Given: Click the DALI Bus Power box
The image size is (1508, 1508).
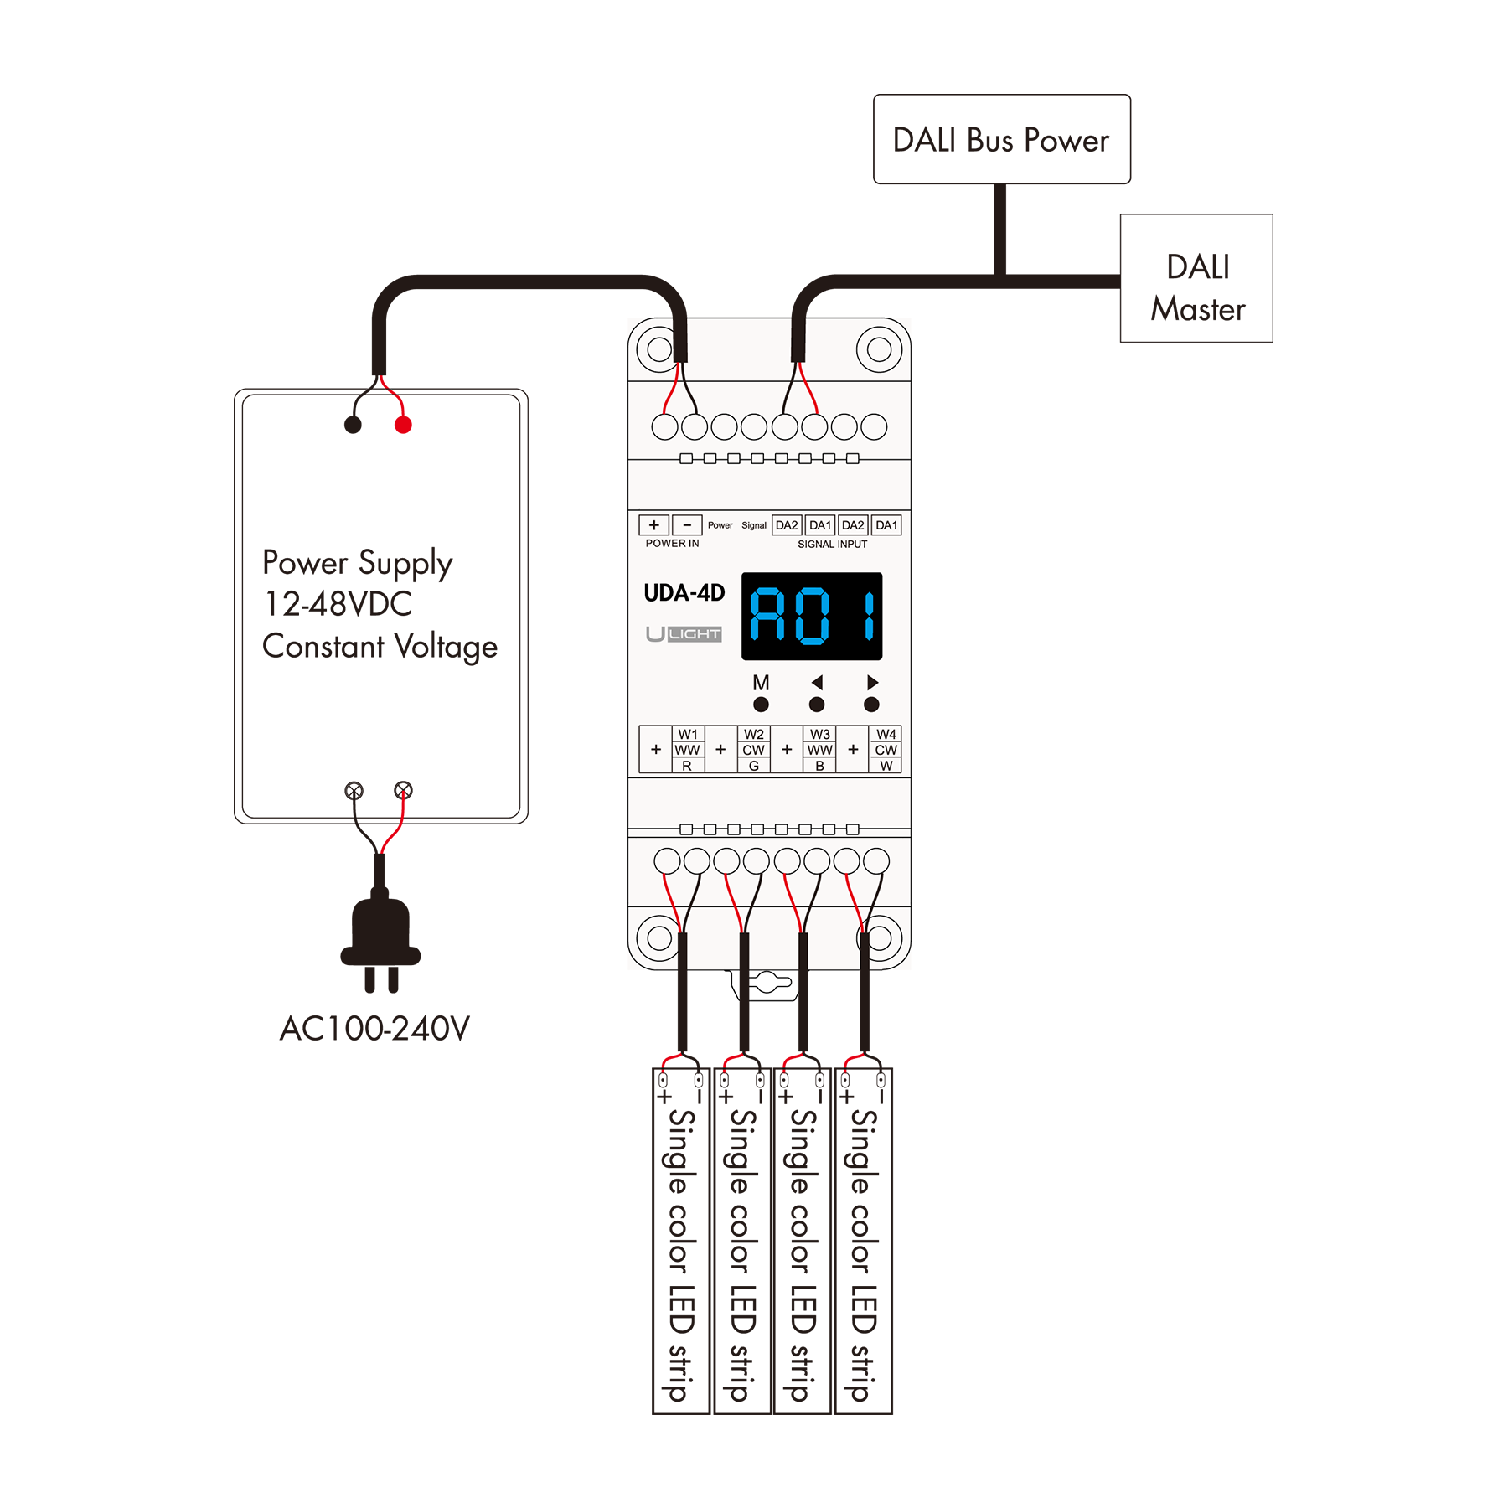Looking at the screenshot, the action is [1001, 139].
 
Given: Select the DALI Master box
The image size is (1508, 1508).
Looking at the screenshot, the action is [1196, 278].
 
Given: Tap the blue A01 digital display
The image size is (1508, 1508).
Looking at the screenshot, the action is [812, 616].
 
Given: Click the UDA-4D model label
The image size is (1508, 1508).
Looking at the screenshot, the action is [684, 593].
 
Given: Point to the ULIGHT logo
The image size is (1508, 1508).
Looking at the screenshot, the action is [684, 633].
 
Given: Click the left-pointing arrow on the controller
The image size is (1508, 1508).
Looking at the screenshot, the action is [817, 682].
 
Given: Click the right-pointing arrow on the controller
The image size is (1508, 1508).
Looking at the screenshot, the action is [872, 682].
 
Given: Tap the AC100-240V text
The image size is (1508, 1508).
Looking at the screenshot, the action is [375, 1028].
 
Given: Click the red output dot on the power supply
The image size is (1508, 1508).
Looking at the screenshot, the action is [403, 425].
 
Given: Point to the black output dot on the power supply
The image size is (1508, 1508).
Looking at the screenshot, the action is [353, 425].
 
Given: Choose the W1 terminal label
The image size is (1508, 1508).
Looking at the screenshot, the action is [688, 734].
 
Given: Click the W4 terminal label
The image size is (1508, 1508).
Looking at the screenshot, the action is [886, 734].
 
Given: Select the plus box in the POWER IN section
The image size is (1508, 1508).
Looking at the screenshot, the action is [654, 525].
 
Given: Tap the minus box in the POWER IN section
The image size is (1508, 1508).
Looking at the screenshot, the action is [687, 525].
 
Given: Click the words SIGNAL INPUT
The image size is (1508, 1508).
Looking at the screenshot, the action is [832, 544].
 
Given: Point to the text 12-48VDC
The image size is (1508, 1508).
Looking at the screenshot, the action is [338, 603].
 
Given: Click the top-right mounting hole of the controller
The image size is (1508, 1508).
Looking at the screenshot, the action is [879, 349].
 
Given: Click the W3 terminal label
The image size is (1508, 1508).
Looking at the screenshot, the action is [820, 734].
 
